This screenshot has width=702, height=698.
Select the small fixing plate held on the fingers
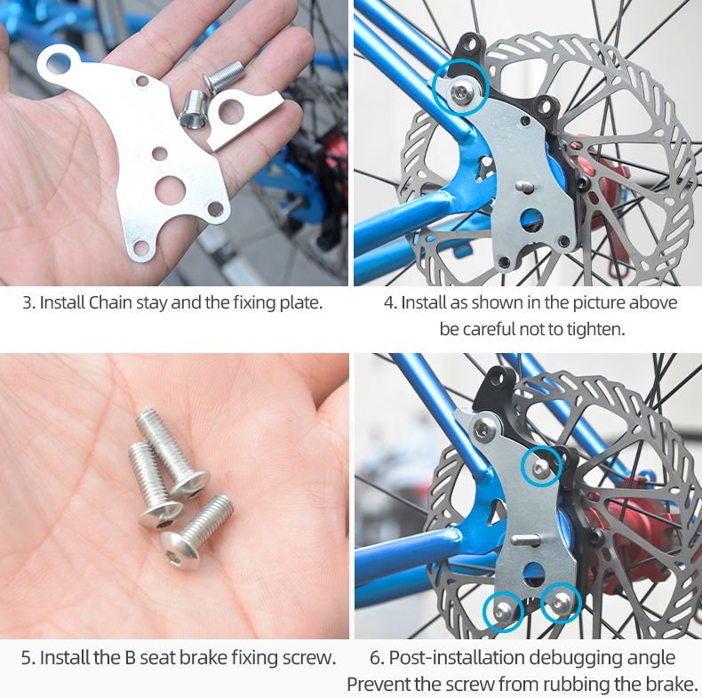tap(244, 118)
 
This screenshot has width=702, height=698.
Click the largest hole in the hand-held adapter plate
tap(170, 189)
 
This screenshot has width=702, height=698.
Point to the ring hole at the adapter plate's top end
tap(59, 63)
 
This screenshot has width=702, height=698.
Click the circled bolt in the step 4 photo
tap(460, 92)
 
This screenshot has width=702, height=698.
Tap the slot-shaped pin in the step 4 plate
tap(525, 186)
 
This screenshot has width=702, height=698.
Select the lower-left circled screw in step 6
tap(503, 610)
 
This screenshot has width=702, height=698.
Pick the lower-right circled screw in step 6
tap(560, 604)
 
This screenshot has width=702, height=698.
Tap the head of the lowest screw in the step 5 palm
tap(179, 550)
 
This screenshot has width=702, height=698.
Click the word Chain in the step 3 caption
tap(110, 302)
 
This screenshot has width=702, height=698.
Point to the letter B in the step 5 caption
tap(131, 658)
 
